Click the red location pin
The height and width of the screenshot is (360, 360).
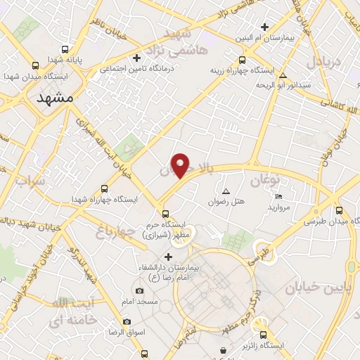pyautogui.click(x=181, y=165)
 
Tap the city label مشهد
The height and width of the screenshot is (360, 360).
pyautogui.click(x=55, y=98)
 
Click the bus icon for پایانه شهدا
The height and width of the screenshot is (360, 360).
pyautogui.click(x=65, y=50)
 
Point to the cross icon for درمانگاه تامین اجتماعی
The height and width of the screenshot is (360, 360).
pyautogui.click(x=138, y=58)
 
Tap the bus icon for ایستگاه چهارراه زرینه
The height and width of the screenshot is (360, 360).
pyautogui.click(x=243, y=60)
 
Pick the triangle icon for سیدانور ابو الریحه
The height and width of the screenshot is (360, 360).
pyautogui.click(x=283, y=75)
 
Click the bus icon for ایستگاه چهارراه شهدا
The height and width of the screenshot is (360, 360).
pyautogui.click(x=104, y=188)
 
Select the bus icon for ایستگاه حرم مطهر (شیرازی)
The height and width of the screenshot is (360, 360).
pyautogui.click(x=165, y=214)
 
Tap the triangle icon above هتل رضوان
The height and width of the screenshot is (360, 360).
pyautogui.click(x=226, y=191)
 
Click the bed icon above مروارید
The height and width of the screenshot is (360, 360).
pyautogui.click(x=279, y=196)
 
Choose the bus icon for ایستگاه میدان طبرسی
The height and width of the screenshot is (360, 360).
pyautogui.click(x=340, y=210)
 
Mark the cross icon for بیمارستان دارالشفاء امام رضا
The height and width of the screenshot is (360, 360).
pyautogui.click(x=168, y=256)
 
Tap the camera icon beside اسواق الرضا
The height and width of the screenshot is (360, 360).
pyautogui.click(x=127, y=321)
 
